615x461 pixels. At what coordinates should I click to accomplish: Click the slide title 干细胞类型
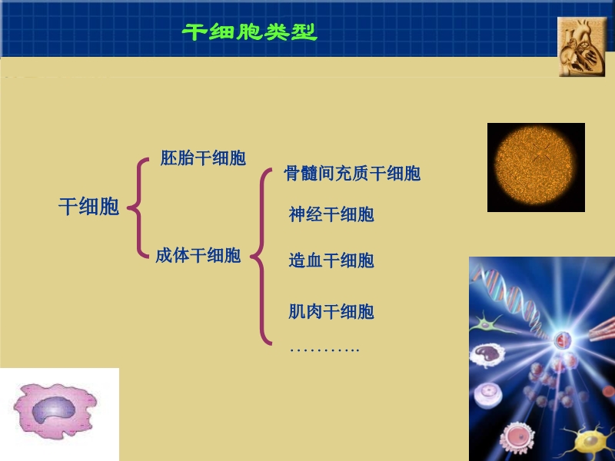point(250,32)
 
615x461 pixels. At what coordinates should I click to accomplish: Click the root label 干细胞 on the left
point(89,206)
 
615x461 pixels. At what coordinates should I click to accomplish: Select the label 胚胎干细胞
point(203,158)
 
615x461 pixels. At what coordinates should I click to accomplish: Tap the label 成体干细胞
point(198,256)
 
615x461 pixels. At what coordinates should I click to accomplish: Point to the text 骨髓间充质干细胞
point(352,173)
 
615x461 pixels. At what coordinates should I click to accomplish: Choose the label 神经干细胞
point(331,214)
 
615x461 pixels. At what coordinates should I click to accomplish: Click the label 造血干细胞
point(331,260)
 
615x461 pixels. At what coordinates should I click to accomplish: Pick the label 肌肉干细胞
point(331,311)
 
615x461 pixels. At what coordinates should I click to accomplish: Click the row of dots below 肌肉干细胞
point(324,350)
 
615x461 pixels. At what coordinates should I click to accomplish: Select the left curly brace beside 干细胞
point(137,207)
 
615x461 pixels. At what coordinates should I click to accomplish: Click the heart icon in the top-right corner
point(582,47)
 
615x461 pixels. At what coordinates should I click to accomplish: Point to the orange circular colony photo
point(536,167)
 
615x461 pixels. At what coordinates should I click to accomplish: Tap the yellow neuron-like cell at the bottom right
point(588,441)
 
